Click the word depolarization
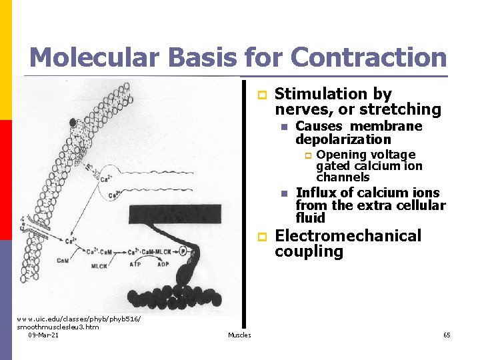coord(343,139)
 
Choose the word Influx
coord(315,193)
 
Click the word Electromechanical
coord(348,236)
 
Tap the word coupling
coord(309,252)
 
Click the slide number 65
coord(447,335)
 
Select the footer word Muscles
coord(239,335)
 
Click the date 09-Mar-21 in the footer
coord(43,335)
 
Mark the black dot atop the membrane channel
coord(73,123)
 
